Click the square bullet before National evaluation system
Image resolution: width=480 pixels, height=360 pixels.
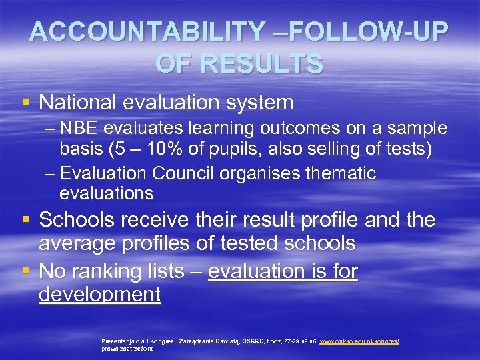coord(25,102)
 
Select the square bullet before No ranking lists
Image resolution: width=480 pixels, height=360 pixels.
coord(25,271)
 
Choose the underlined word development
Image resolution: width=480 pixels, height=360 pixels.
coord(100,295)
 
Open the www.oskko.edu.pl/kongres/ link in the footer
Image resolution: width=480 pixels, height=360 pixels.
coord(359,341)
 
